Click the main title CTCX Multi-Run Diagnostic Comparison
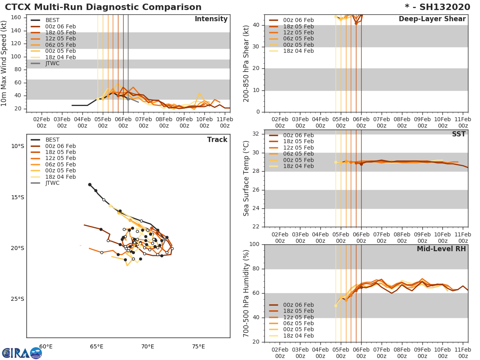[103, 7]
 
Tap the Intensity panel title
[211, 19]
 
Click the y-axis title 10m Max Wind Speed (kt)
[4, 63]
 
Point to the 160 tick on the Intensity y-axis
[17, 18]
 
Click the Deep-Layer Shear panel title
[432, 19]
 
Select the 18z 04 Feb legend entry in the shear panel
[298, 51]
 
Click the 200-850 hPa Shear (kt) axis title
[247, 63]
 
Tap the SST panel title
[458, 134]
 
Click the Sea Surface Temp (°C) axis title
[247, 178]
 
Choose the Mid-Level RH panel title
[441, 249]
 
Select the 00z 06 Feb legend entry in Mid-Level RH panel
[298, 305]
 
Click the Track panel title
[217, 140]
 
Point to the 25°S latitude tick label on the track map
[18, 299]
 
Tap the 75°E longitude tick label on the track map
[198, 346]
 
